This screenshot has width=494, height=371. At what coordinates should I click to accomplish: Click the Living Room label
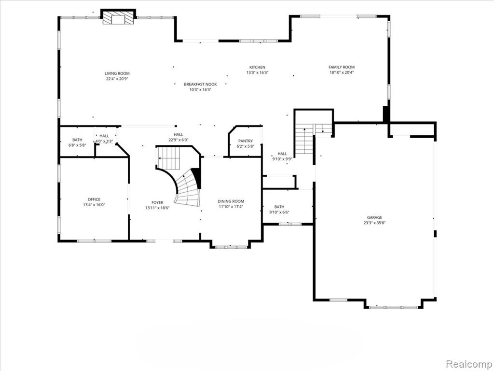click(117, 73)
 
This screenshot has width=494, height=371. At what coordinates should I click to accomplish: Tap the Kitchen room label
click(258, 67)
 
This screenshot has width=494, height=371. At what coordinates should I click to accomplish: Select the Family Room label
click(342, 67)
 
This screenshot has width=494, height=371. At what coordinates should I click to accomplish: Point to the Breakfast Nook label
click(200, 84)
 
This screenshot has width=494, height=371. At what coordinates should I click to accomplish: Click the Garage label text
click(374, 217)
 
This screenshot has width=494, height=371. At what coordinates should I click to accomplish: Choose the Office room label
click(94, 200)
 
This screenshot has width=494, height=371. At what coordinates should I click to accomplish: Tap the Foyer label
click(157, 202)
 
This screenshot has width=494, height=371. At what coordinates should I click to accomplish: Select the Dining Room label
click(231, 201)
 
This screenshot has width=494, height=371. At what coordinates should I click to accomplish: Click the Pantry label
click(246, 141)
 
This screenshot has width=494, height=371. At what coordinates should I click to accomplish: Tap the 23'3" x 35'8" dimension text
click(374, 223)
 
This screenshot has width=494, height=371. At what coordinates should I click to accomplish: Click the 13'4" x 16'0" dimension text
click(94, 205)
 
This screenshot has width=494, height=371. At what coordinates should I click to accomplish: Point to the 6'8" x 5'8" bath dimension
click(77, 145)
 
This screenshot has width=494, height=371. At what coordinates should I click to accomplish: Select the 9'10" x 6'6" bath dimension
click(279, 213)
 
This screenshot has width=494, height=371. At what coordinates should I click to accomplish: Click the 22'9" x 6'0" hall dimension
click(178, 140)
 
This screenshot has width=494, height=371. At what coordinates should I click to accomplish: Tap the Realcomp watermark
click(468, 364)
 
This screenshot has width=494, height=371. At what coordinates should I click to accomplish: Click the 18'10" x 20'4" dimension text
click(342, 72)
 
